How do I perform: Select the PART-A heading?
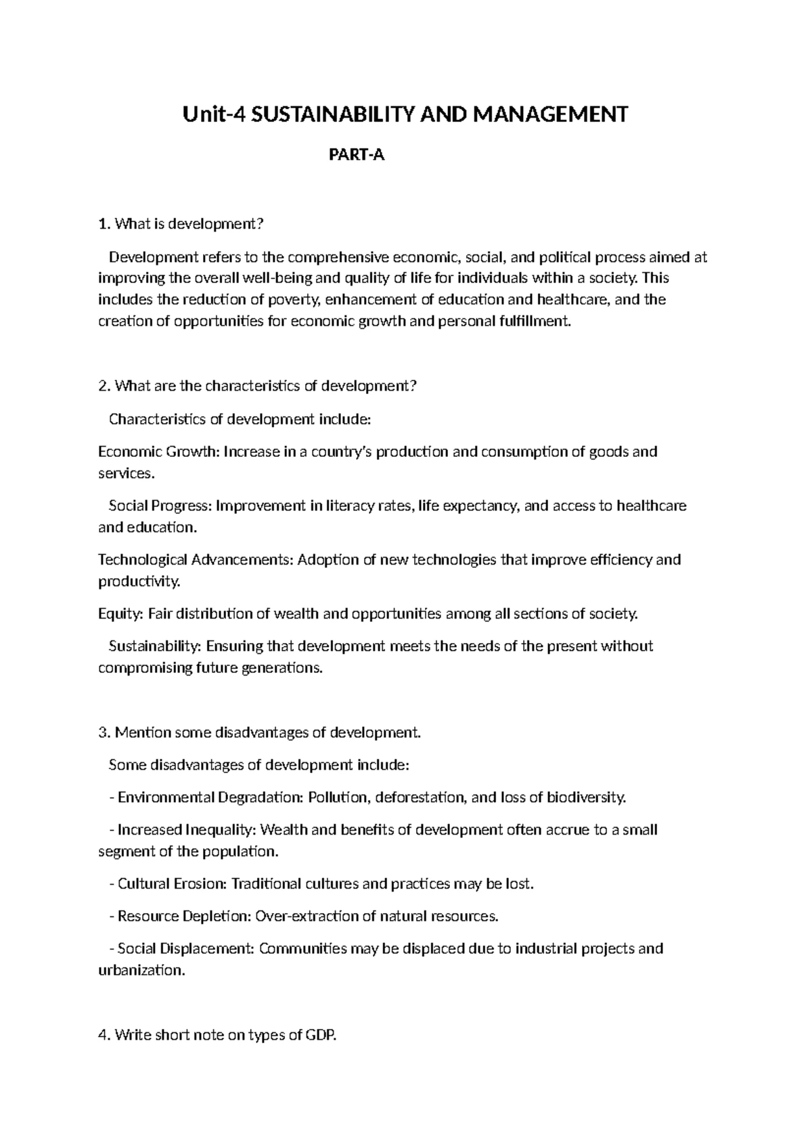tap(356, 156)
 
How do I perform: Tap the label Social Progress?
tap(160, 506)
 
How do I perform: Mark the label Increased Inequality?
tap(187, 830)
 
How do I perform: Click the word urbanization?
tap(141, 971)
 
